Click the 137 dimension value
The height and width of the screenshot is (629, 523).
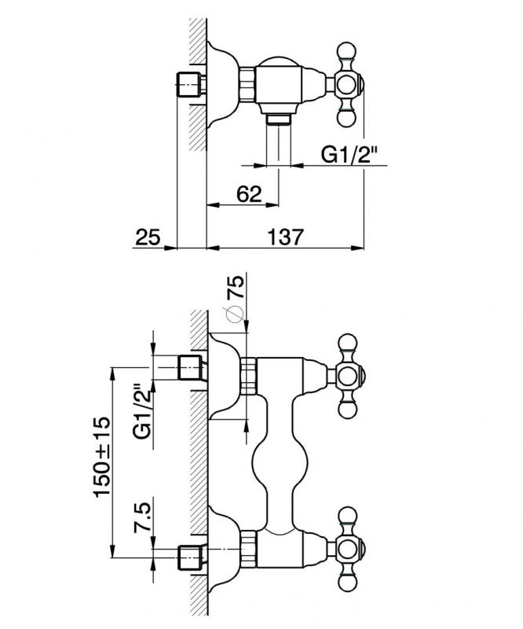pyautogui.click(x=285, y=237)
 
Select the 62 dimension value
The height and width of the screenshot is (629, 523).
pyautogui.click(x=249, y=194)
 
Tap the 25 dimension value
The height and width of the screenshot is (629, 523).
pyautogui.click(x=148, y=237)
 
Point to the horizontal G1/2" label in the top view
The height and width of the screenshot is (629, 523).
pyautogui.click(x=349, y=154)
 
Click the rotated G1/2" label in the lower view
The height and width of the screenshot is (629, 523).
pyautogui.click(x=143, y=411)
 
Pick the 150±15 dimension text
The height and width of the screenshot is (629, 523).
pyautogui.click(x=101, y=458)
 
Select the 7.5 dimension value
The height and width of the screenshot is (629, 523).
pyautogui.click(x=143, y=517)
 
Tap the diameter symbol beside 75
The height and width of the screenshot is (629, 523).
pyautogui.click(x=235, y=314)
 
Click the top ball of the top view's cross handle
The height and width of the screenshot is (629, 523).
pyautogui.click(x=346, y=50)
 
